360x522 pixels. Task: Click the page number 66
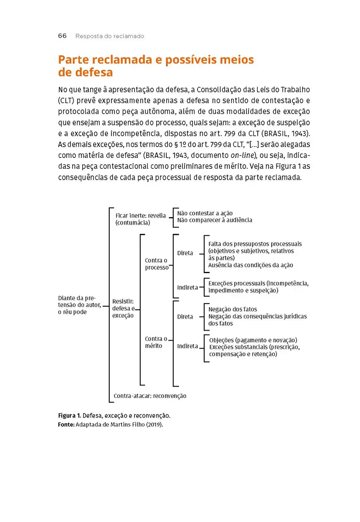coord(62,36)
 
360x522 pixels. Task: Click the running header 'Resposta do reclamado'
coord(110,36)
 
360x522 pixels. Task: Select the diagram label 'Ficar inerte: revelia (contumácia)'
coord(135,219)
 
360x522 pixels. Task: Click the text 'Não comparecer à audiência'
coord(214,220)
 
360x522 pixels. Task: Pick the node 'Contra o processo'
coord(157,264)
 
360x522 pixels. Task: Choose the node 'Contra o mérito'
coord(156,342)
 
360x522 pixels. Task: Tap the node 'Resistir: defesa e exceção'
coord(123,308)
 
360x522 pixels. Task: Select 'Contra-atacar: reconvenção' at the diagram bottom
coord(150,396)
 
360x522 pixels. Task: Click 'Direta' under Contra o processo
coord(185,253)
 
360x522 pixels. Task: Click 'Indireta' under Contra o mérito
coord(187,346)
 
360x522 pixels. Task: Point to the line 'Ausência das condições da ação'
coord(250,265)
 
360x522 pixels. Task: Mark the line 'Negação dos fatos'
coord(232,309)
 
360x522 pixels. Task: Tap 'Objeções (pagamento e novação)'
coord(253,340)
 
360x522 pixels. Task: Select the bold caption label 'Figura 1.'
coord(69,416)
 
